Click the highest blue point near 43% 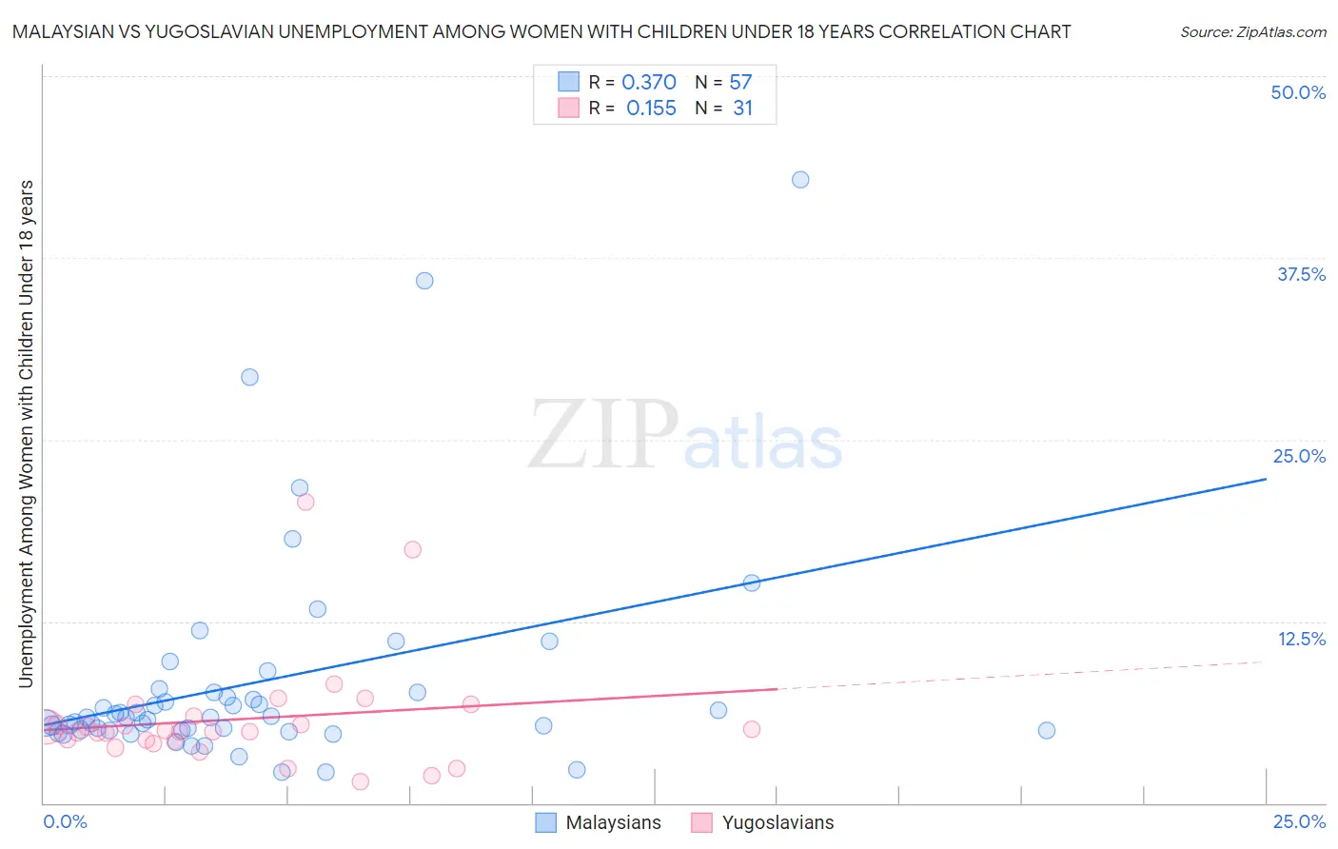coord(800,180)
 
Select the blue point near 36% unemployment coord(424,281)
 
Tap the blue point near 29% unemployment coord(249,377)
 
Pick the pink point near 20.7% coord(305,502)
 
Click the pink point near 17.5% coord(412,549)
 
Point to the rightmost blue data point coord(1046,731)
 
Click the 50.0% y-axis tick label coord(1298,92)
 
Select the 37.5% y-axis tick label coord(1301,274)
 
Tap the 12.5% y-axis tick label coord(1301,639)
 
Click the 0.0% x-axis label coord(65,822)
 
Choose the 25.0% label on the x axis coord(1299,822)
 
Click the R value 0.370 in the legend coord(649,83)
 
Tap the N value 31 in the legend coord(742,109)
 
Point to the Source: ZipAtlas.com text coord(1252,32)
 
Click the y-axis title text coord(27,433)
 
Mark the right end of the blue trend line coord(1266,479)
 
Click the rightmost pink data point coord(751,729)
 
